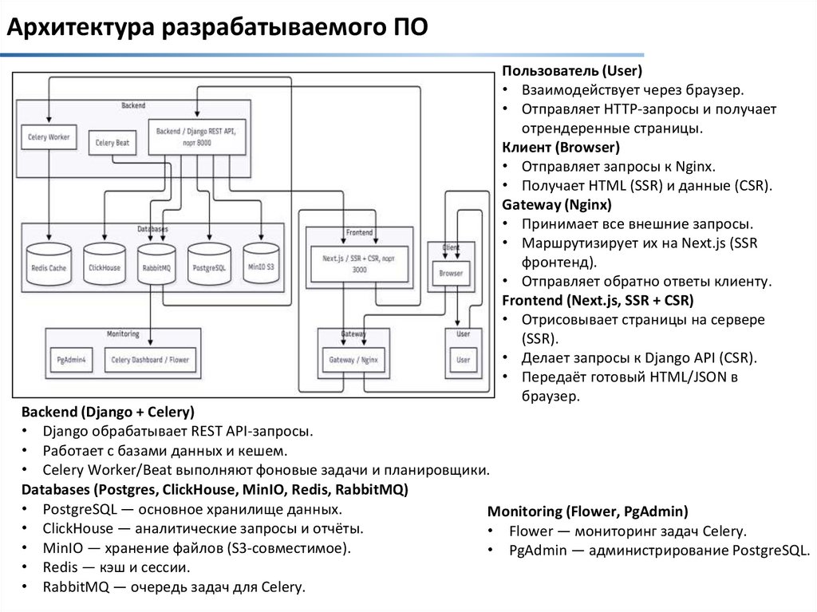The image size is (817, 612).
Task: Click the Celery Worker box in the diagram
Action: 49,137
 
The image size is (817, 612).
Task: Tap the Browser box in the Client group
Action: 451,274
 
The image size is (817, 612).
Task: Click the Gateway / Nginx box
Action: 353,360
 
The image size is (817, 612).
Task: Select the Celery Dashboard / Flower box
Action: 150,360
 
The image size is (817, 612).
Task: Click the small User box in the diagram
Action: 463,360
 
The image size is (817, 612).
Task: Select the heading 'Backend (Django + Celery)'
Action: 108,413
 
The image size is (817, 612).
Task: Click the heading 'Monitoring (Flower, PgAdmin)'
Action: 587,511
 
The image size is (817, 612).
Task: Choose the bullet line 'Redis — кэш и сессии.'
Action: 116,568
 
